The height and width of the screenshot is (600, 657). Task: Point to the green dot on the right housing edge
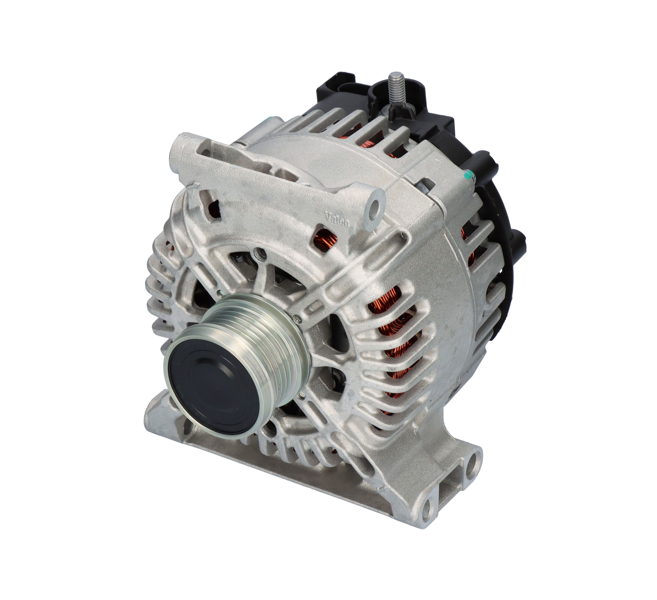(470, 176)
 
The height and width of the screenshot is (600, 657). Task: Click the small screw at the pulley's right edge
(296, 318)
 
